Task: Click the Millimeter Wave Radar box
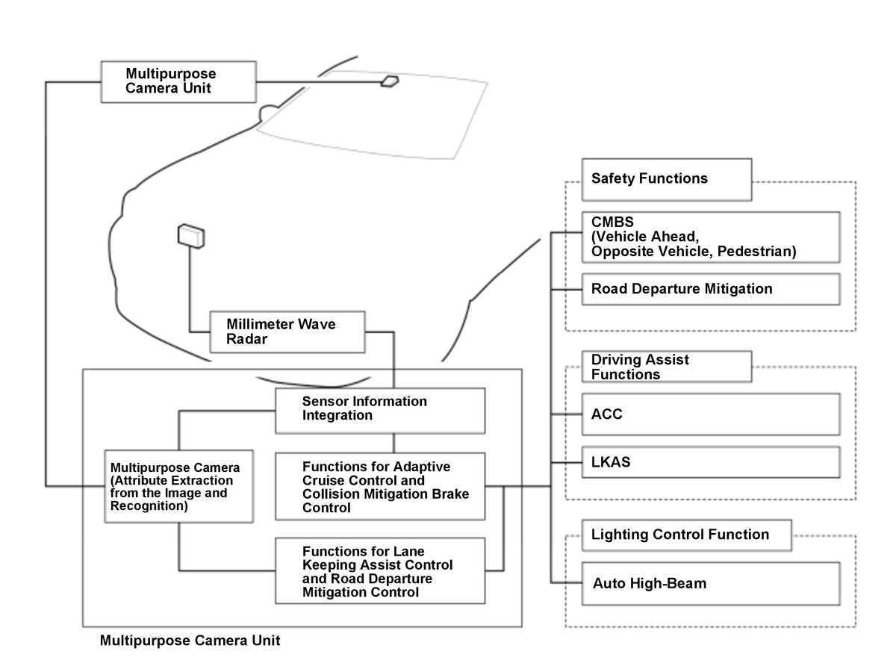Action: point(287,332)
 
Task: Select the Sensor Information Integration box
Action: point(380,409)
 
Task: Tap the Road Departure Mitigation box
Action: point(710,289)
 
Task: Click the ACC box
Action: point(710,414)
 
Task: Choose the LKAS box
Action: point(710,462)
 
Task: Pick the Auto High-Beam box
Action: point(710,583)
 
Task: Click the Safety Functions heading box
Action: point(666,179)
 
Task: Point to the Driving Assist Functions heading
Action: point(666,367)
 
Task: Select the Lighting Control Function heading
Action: point(685,535)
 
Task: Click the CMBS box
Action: point(710,237)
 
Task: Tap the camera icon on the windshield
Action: point(390,81)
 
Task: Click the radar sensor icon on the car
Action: point(191,235)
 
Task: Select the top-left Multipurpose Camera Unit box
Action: point(178,81)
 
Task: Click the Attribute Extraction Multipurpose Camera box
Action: point(178,485)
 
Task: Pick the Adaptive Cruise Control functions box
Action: point(380,486)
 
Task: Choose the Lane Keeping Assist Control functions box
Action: point(380,571)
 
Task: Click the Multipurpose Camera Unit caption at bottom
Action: point(190,641)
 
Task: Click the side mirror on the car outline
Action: point(268,112)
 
